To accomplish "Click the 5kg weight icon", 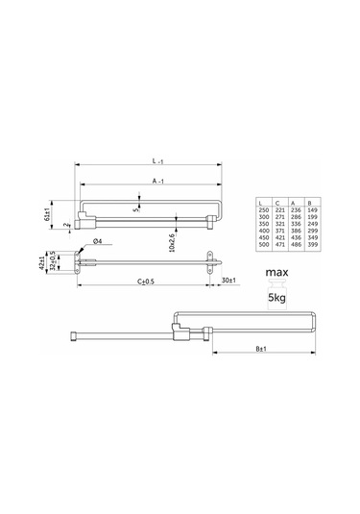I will coord(276,299).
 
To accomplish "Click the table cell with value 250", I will coord(262,212).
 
